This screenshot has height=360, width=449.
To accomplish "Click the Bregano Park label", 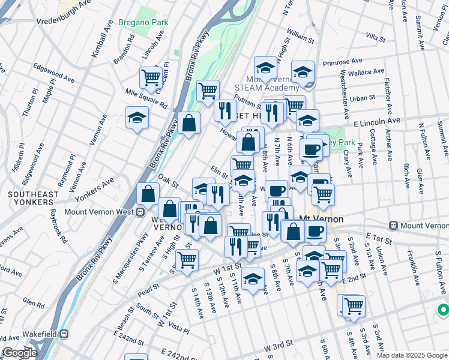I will coord(143,22).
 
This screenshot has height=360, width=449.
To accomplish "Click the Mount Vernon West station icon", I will coord(140,211).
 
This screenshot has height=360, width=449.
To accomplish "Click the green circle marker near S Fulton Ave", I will coord(443,310).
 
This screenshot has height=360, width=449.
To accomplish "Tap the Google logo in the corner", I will coord(20,353).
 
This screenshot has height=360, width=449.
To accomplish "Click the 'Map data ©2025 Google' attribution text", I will coord(411,355).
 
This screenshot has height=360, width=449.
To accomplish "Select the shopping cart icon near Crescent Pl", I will coord(150,77).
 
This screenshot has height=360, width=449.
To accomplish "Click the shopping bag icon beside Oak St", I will coord(147,194).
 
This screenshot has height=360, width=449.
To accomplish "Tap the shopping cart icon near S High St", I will coord(187,260).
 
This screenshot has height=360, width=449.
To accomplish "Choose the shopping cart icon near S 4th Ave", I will coord(354,305).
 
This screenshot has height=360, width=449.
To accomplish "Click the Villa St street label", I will coord(375,37).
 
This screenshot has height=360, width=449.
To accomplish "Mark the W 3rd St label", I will coord(279,345).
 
